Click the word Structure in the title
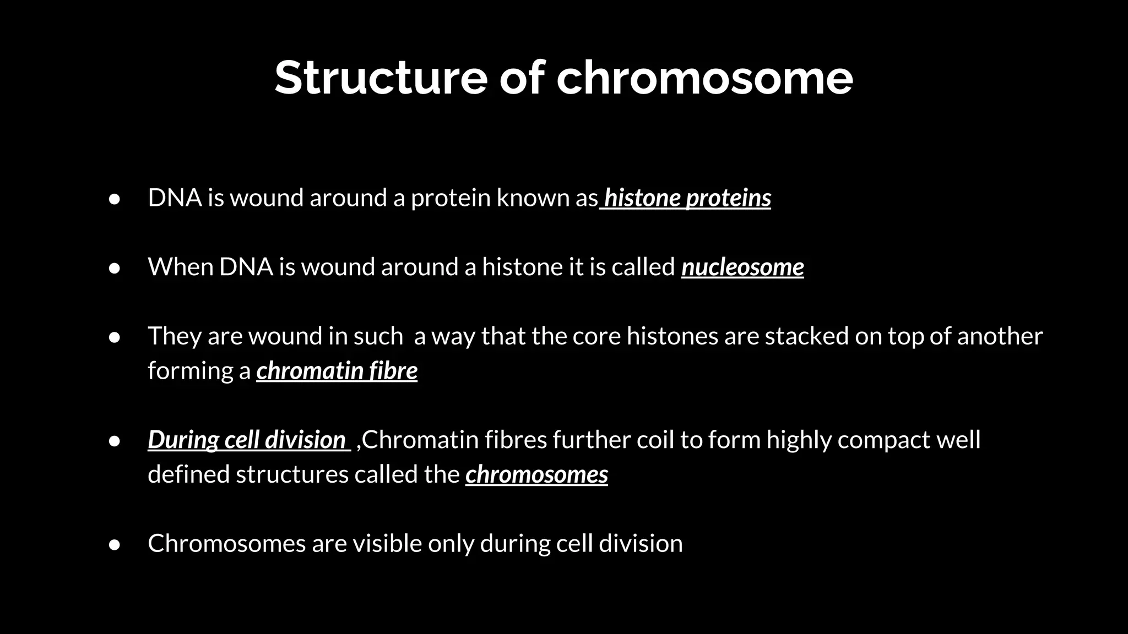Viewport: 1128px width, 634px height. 381,78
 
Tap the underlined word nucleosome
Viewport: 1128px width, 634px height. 742,267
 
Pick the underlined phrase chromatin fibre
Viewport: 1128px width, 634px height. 337,371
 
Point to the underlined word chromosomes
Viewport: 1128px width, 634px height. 536,474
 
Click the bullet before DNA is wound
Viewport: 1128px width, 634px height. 115,199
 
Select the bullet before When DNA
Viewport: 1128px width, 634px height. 115,268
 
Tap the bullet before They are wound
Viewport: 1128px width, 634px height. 115,337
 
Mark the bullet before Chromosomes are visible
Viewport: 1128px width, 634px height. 115,544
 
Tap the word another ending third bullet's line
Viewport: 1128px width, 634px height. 1000,336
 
